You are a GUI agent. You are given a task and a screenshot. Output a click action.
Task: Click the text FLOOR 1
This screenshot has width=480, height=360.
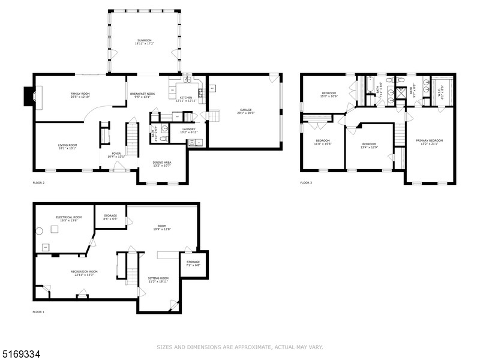click(x=38, y=312)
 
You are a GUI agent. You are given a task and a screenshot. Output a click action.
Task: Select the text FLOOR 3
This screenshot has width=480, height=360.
click(x=306, y=182)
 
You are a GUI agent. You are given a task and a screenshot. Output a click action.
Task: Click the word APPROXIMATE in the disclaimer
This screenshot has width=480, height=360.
click(x=244, y=347)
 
